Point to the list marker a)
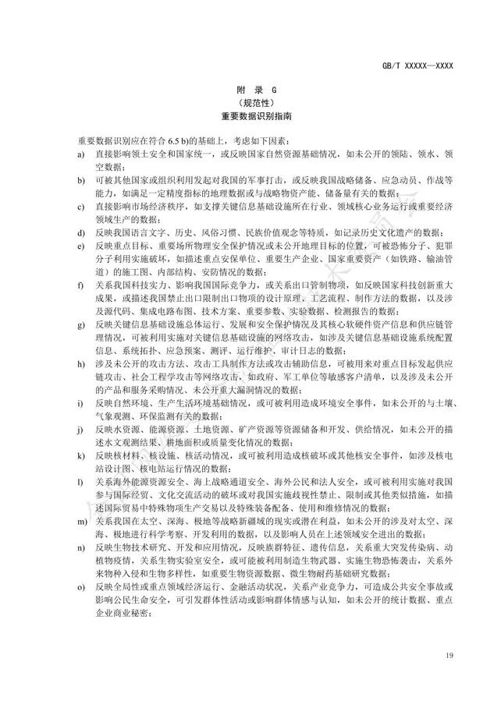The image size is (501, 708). pos(80,154)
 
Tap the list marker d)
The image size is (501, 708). pos(80,232)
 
